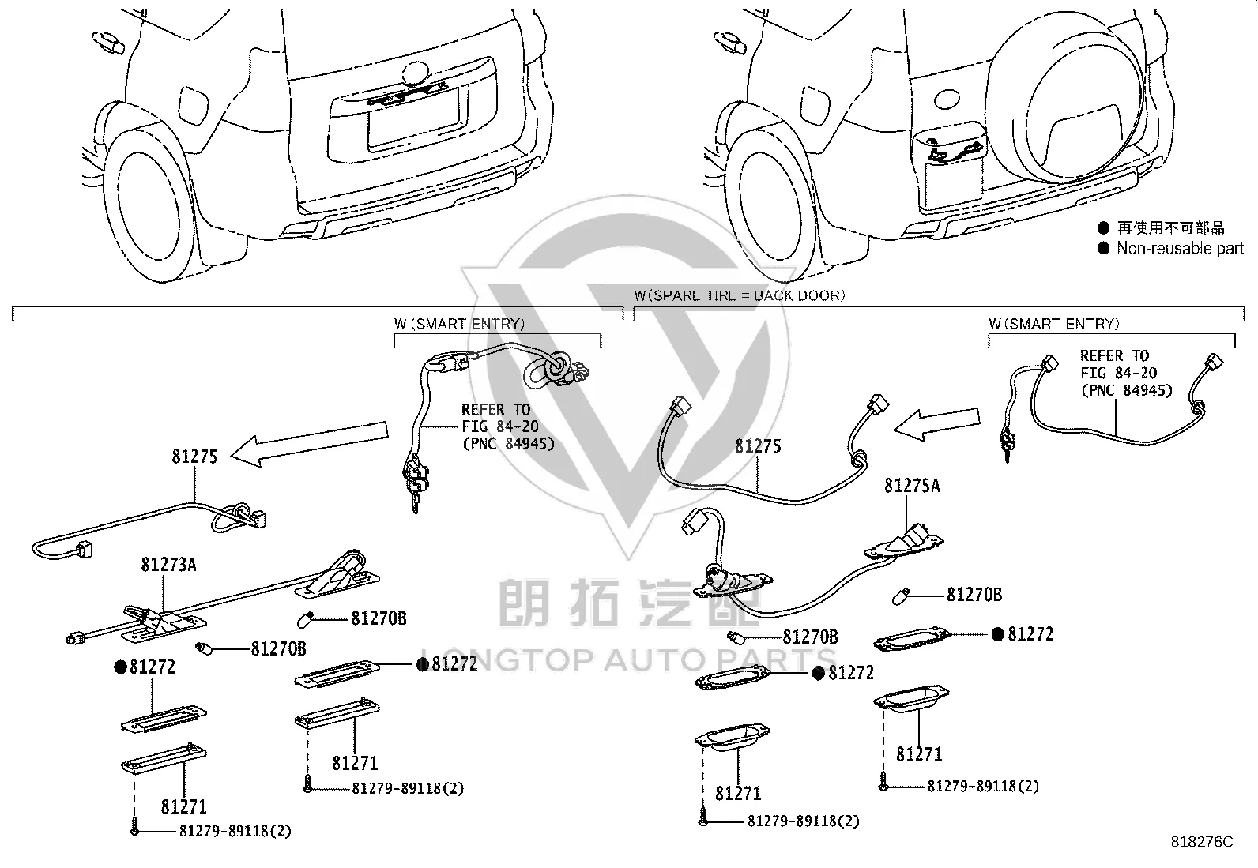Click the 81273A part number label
point(168,564)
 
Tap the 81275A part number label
point(911,486)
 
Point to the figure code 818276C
point(1202,842)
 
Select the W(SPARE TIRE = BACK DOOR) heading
point(739,295)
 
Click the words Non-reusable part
point(1180,248)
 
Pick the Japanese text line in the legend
point(1170,227)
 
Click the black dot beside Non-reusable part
point(1104,248)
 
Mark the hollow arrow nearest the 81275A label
point(936,424)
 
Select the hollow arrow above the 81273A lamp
point(310,444)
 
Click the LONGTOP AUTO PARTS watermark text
point(628,660)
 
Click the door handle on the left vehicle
point(107,42)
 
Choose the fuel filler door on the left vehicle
point(193,106)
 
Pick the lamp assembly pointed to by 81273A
point(164,622)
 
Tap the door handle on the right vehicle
point(729,42)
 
